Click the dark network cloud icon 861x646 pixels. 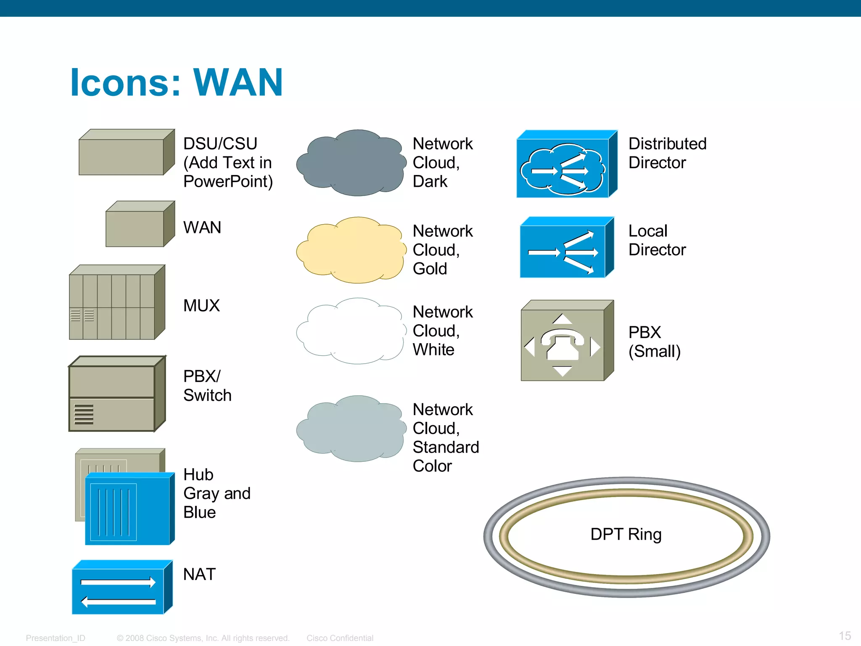[x=351, y=163]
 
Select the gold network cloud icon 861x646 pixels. [x=351, y=250]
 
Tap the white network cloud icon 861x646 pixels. [x=351, y=331]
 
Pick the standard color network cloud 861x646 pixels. [x=351, y=429]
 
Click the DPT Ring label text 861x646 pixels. [x=626, y=534]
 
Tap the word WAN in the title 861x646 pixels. [x=238, y=82]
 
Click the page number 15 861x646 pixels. [x=845, y=635]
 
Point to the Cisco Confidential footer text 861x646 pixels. [x=340, y=638]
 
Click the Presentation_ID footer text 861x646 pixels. [x=55, y=638]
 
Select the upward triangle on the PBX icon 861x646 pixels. [x=562, y=319]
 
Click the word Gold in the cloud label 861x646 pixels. [x=430, y=269]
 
